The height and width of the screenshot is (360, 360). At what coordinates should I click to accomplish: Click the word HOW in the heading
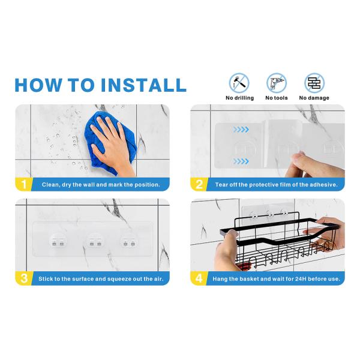40,85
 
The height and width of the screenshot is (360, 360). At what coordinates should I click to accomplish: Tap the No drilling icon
239,82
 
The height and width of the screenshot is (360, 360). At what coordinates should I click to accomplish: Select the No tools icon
276,82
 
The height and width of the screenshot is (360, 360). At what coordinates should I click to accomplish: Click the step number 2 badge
199,184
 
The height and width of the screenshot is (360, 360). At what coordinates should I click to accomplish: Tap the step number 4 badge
199,278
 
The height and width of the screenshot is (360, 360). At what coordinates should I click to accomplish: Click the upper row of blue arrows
241,129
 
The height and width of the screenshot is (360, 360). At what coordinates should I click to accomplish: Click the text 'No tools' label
276,98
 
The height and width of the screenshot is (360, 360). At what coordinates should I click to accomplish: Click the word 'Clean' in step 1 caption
52,185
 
